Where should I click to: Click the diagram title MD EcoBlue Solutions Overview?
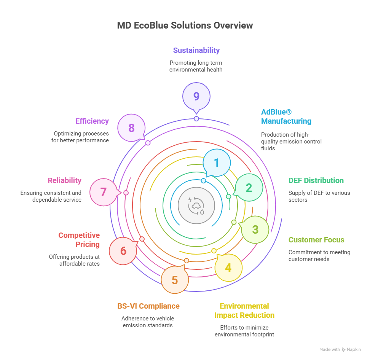click(x=185, y=25)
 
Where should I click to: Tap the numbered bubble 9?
click(x=196, y=96)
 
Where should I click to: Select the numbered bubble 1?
click(x=217, y=163)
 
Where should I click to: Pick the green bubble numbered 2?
click(x=249, y=188)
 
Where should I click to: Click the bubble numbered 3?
click(x=255, y=229)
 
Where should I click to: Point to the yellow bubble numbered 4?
click(x=228, y=268)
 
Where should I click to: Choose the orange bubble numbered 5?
click(x=175, y=280)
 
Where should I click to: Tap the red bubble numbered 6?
click(x=123, y=251)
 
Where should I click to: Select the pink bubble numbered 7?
click(x=103, y=192)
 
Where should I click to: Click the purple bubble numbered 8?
click(x=131, y=128)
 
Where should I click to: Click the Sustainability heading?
click(x=196, y=50)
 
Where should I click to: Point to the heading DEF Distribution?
click(x=316, y=180)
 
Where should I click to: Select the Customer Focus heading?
click(x=316, y=240)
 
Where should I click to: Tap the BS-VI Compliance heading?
click(x=148, y=306)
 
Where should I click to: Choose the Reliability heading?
click(x=64, y=180)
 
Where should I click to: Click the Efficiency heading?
click(x=92, y=121)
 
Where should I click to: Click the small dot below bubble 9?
click(x=196, y=119)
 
